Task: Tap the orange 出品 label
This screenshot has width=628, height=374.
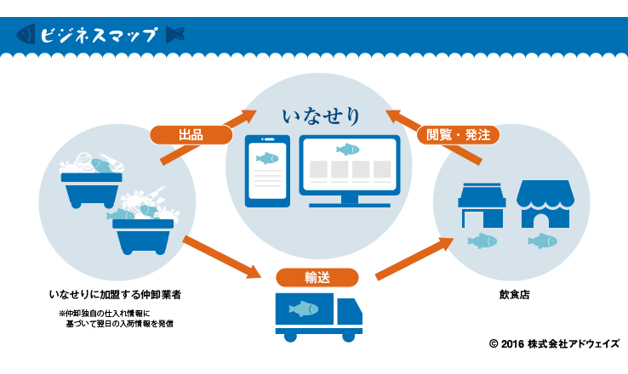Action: click(x=191, y=135)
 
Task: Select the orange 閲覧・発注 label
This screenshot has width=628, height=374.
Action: click(x=457, y=134)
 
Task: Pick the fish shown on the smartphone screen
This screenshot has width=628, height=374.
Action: click(x=267, y=158)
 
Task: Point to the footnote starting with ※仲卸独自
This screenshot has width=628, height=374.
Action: click(x=116, y=318)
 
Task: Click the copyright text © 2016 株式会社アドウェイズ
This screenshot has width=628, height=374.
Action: click(x=554, y=343)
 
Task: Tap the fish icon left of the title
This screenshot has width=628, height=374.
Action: click(x=26, y=35)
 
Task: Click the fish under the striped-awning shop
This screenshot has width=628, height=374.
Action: click(x=541, y=241)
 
